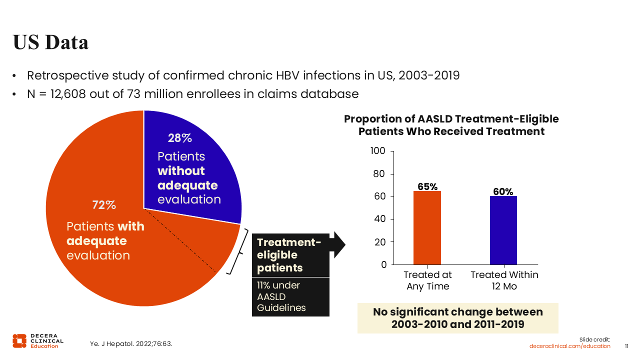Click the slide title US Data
point(50,42)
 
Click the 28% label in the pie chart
point(180,138)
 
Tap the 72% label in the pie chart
point(104,205)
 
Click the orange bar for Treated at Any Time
point(427,227)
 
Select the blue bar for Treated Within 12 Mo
point(503,230)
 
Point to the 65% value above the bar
point(427,186)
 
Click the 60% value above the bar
point(503,191)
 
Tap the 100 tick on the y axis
point(378,151)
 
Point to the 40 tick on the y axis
point(380,219)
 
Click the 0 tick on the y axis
point(383,264)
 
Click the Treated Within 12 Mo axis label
point(504,280)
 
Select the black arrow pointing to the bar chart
point(339,244)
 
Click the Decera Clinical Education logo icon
point(19,340)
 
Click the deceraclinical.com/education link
point(570,346)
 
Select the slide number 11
point(627,346)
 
